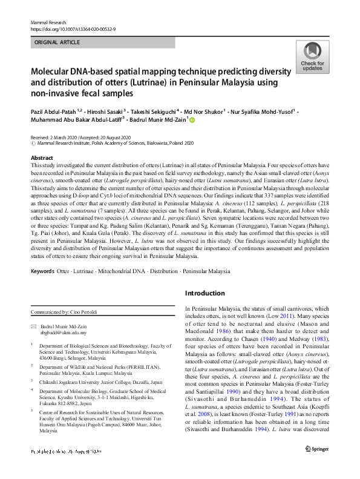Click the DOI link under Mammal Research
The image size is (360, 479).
pos(73,28)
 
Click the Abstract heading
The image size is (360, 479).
pos(41,157)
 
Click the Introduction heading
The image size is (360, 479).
pos(205,293)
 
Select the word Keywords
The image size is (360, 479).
pos(42,271)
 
